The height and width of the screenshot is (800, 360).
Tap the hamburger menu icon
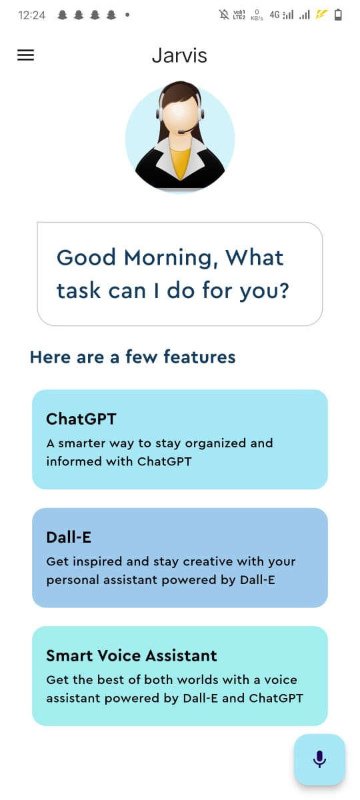(x=25, y=56)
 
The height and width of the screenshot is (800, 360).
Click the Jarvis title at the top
(x=179, y=56)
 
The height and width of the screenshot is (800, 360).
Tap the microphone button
(x=319, y=759)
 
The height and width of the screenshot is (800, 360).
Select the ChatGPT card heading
(x=81, y=419)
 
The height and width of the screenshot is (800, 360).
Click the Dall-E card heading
(x=69, y=537)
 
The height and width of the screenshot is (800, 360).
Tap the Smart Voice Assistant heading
(x=131, y=655)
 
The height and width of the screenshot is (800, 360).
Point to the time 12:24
(x=32, y=15)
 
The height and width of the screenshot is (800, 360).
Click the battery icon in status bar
(x=338, y=15)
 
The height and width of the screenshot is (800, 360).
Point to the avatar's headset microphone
(x=181, y=132)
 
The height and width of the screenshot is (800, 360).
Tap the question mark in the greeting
(x=282, y=291)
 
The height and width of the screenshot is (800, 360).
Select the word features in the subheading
(x=199, y=357)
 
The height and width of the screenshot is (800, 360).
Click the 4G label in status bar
(x=275, y=15)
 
